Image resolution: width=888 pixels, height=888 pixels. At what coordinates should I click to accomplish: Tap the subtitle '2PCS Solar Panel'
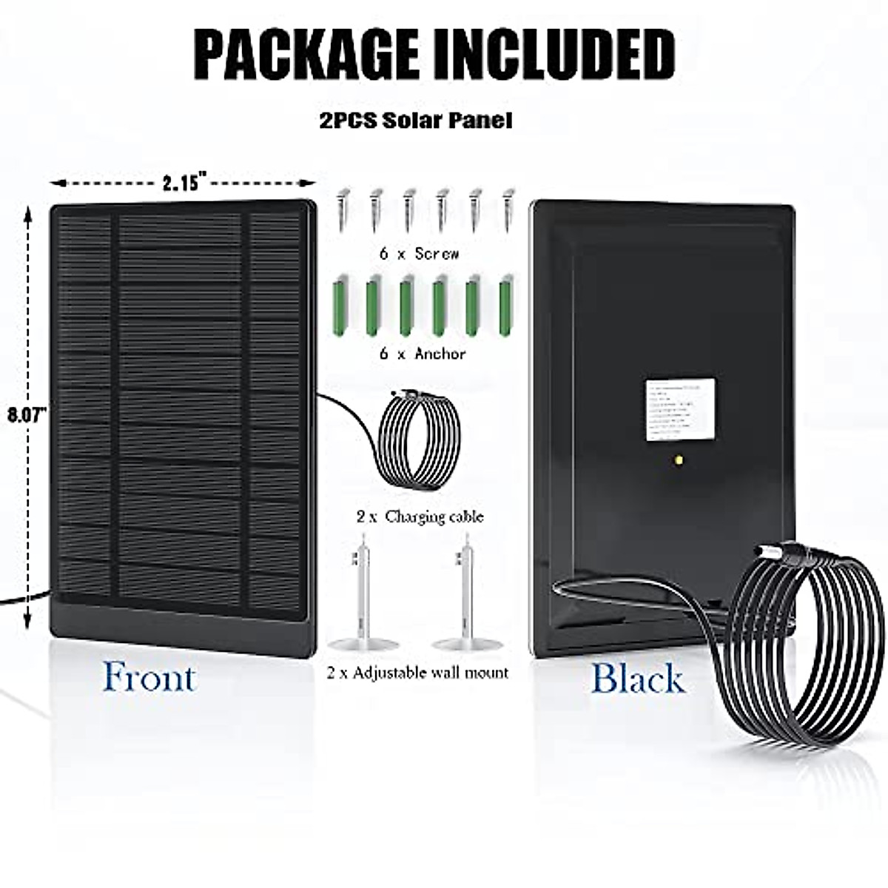coord(416,121)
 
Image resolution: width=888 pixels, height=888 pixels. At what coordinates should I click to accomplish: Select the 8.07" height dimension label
coord(27,414)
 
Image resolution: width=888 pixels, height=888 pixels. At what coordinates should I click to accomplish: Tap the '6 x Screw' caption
coord(420,253)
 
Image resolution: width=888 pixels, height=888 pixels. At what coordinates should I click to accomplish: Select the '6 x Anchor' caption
coord(423,354)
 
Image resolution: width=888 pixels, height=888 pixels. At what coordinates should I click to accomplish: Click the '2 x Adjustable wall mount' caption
coord(418,673)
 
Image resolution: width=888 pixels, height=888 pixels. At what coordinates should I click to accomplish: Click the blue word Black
coord(638,679)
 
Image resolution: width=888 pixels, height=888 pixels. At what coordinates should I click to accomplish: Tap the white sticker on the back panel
coord(680,410)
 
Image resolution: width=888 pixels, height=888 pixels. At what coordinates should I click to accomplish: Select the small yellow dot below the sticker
coord(679,460)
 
